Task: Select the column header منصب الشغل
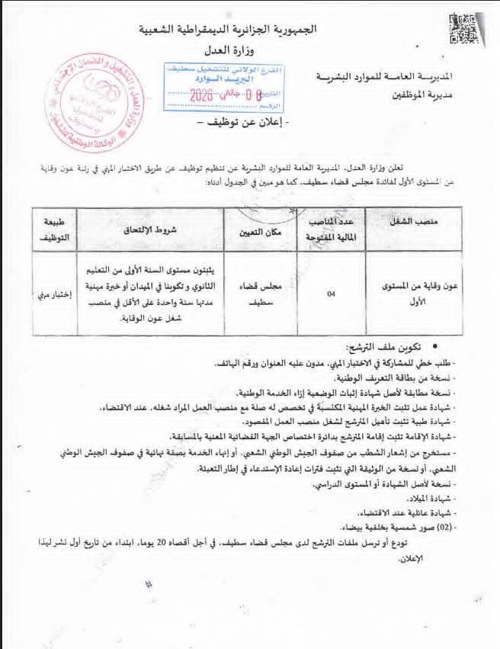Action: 416,221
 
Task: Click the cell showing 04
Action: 331,293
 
